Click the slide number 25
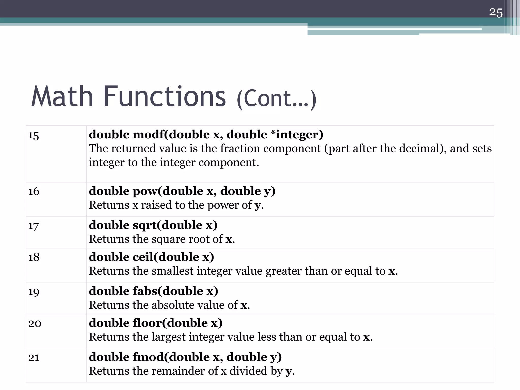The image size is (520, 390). pyautogui.click(x=496, y=13)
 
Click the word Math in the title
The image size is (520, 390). pyautogui.click(x=62, y=96)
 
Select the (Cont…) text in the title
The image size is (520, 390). pyautogui.click(x=277, y=99)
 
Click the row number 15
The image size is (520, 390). pyautogui.click(x=34, y=136)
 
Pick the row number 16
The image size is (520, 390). pyautogui.click(x=34, y=191)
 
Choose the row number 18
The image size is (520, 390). pyautogui.click(x=34, y=257)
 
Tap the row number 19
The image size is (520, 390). pyautogui.click(x=34, y=292)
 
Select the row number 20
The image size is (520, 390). pyautogui.click(x=35, y=323)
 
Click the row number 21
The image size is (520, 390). pyautogui.click(x=34, y=357)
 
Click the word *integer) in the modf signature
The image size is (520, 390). pyautogui.click(x=297, y=135)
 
